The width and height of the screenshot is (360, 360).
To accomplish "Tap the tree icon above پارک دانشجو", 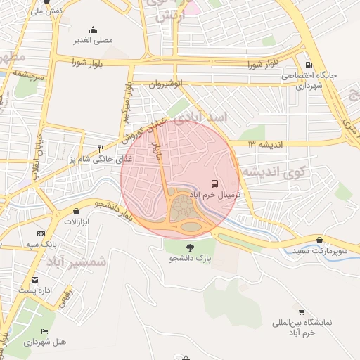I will (191, 247).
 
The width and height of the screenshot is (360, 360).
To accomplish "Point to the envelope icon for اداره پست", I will (34, 280).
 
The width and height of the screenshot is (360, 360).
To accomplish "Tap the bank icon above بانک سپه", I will (41, 233).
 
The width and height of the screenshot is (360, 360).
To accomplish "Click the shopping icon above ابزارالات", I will (76, 211).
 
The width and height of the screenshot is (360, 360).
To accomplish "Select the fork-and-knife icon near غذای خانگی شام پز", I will (101, 148).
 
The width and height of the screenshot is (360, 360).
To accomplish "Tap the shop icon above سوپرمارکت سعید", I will (320, 240).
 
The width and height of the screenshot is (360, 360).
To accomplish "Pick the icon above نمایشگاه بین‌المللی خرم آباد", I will (302, 311).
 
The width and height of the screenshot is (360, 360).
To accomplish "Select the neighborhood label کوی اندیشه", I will (274, 172).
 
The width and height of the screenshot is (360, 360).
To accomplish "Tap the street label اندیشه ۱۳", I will (264, 144).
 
